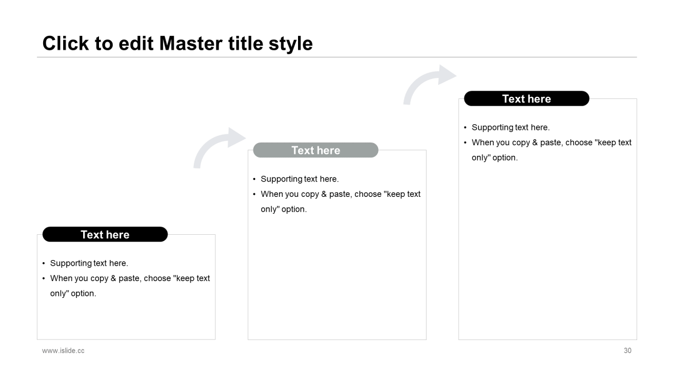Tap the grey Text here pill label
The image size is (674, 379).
coord(315,150)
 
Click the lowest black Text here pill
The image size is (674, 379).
coord(105,234)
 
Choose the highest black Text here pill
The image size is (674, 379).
coord(526,98)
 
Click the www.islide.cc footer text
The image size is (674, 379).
coord(63,351)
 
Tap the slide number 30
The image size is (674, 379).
coord(627,351)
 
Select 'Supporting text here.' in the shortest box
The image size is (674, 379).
coord(89,263)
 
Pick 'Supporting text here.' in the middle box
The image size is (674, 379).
coord(300,179)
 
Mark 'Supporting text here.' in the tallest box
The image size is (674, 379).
coord(510,127)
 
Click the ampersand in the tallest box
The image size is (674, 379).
coord(534,143)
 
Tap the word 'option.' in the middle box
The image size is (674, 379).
coord(294,210)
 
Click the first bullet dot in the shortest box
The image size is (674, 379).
coord(44,264)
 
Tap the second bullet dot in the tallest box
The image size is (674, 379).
coord(465,143)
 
